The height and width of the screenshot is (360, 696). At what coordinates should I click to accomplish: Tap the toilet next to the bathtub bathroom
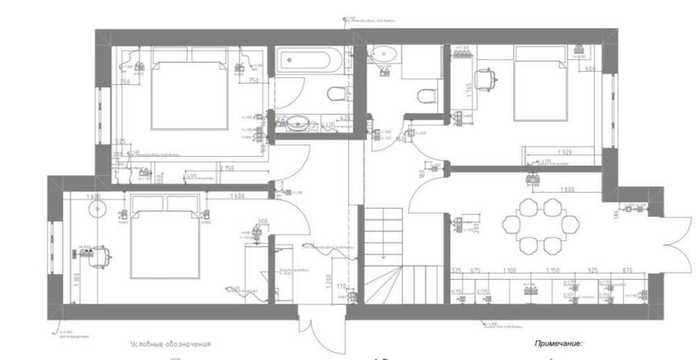pyautogui.click(x=335, y=94)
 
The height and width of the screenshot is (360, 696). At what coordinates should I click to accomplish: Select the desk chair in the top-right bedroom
pyautogui.click(x=487, y=79)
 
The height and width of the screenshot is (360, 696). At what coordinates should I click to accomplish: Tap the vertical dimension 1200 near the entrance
pyautogui.click(x=328, y=281)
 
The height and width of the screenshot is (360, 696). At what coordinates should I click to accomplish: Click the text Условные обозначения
pyautogui.click(x=170, y=344)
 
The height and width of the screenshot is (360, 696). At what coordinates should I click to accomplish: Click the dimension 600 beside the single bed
pyautogui.click(x=590, y=69)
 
